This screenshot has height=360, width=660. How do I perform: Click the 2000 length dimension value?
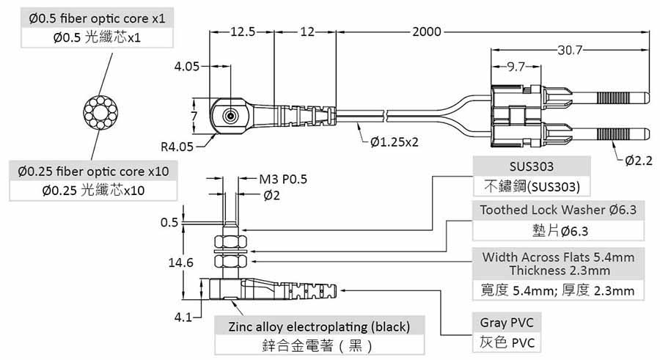[427, 32]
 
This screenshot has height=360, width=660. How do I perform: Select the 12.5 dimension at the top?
[243, 32]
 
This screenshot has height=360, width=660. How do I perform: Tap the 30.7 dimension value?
[569, 51]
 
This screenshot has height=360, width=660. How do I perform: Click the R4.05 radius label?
[177, 146]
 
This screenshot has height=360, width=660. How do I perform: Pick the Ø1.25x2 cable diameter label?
[395, 141]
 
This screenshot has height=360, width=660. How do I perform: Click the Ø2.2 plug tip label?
[638, 161]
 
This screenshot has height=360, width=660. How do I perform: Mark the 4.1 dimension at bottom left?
[183, 317]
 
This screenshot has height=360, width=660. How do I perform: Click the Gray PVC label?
[507, 323]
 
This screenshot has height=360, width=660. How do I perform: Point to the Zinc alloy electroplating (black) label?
[319, 326]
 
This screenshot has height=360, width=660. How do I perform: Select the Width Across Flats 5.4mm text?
[558, 257]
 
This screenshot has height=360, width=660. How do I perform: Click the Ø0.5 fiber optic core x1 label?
[98, 17]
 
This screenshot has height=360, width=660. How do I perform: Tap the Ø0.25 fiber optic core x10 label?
[93, 171]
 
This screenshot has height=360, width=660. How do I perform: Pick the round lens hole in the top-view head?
[231, 116]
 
